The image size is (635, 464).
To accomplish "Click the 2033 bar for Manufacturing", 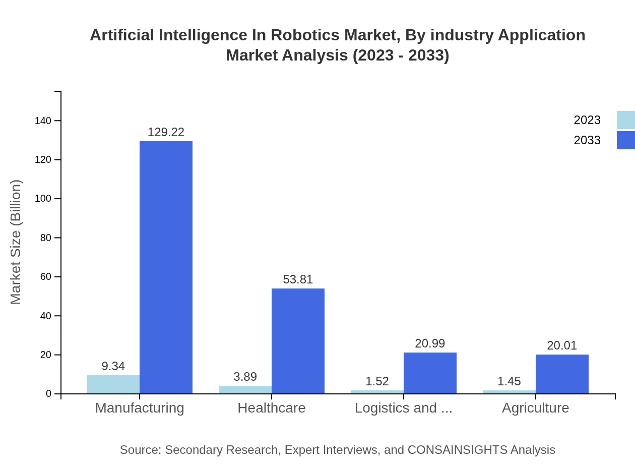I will (166, 267).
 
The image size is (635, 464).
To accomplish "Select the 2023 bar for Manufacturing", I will (113, 384).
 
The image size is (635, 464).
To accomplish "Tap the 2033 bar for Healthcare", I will (298, 341).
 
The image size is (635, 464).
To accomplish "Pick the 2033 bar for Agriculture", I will (562, 374).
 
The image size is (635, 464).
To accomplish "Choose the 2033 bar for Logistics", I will (430, 373).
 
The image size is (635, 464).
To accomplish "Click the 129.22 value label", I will (166, 132).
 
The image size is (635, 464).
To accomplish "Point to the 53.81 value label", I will (298, 279).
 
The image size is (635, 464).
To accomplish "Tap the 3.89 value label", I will (245, 377).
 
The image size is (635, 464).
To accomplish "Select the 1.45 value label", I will (509, 381).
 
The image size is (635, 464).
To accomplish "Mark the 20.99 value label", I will (430, 343).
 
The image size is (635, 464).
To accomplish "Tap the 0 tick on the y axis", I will (49, 394).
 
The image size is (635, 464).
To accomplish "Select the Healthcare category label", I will (272, 408).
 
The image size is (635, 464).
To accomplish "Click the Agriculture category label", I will (535, 408).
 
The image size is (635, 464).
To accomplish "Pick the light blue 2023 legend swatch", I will (625, 120).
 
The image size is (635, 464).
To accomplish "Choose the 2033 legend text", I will (587, 140).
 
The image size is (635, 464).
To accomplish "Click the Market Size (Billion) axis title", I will (16, 242).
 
